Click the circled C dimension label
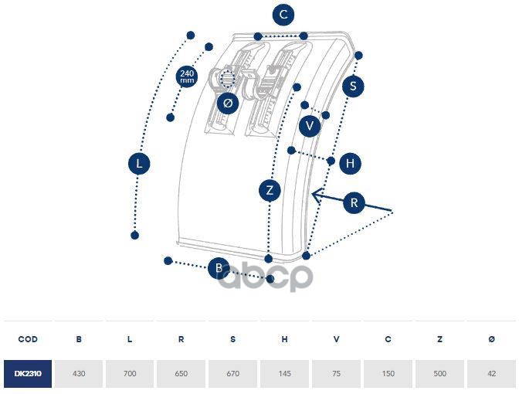(284, 15)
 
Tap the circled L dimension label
(139, 164)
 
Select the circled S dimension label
(353, 86)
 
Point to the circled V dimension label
(310, 126)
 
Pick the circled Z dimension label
(270, 190)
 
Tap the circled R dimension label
(354, 203)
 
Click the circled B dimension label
(219, 268)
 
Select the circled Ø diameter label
(227, 103)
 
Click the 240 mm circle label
(187, 77)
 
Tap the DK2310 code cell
(28, 374)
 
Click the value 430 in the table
(79, 374)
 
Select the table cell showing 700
(130, 374)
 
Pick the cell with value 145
(285, 374)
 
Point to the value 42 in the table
(492, 374)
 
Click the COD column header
(28, 339)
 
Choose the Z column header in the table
(440, 339)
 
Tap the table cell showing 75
(337, 374)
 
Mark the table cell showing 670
(233, 374)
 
